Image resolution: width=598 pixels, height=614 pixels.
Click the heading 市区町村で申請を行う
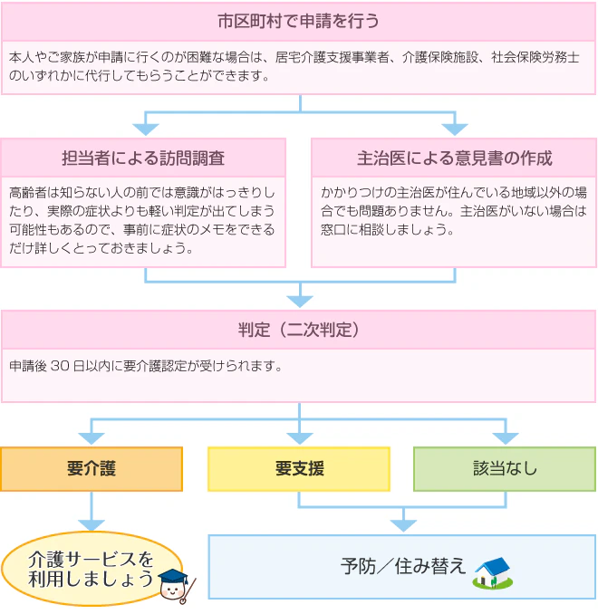tap(298, 21)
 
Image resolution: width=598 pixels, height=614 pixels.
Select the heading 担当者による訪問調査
tap(143, 158)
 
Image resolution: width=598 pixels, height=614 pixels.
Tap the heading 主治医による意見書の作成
tap(455, 158)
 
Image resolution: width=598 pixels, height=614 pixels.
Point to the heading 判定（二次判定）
tap(299, 330)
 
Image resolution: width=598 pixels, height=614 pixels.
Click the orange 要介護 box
tap(92, 469)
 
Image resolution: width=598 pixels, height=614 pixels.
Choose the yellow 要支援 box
tap(299, 469)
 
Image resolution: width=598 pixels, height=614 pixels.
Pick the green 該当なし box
tap(505, 469)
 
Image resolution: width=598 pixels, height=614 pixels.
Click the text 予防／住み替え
tap(403, 566)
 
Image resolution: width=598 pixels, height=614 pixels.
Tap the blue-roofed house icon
tap(493, 573)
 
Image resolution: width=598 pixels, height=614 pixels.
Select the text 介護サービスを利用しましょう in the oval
tap(91, 569)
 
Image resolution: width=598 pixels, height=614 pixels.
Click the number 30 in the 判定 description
tap(60, 366)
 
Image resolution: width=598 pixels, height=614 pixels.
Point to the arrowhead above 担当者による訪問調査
tap(145, 130)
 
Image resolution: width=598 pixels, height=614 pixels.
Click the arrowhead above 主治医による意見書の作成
tap(455, 130)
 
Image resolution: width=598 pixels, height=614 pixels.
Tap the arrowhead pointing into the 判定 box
tap(300, 302)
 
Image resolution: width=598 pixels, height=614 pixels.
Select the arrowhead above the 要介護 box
tap(92, 438)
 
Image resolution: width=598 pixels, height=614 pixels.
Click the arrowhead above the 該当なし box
tap(506, 438)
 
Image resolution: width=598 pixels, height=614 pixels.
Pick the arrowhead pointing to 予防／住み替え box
tap(403, 525)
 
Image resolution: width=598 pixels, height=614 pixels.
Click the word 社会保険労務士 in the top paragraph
tap(535, 57)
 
